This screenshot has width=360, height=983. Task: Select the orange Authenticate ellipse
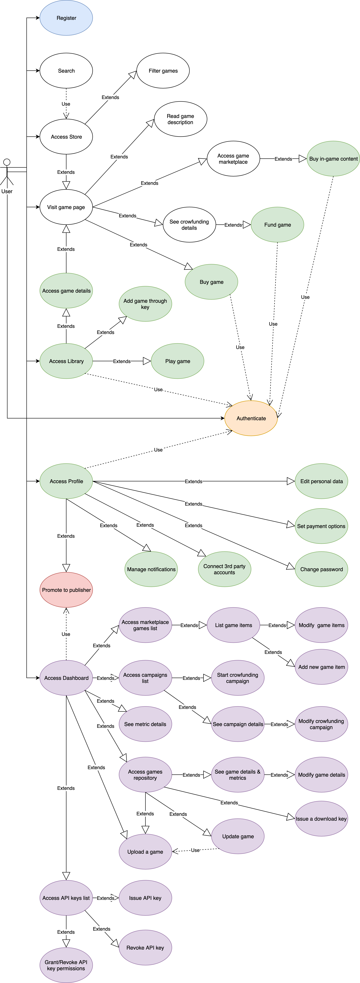pos(251,418)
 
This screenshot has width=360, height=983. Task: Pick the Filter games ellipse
pos(163,71)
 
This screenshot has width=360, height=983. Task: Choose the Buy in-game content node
pos(333,159)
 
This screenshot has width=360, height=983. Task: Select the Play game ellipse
pos(177,361)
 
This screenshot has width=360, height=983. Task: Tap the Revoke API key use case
pos(145,947)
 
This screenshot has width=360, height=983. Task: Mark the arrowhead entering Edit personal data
pos(291,481)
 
